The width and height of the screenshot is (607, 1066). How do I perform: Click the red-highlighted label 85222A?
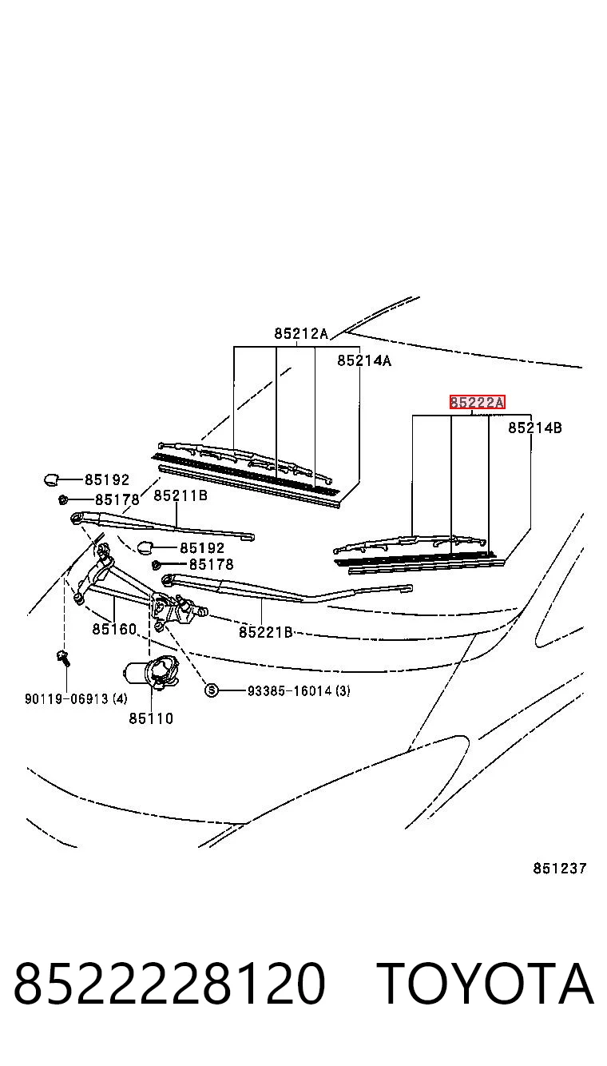(477, 403)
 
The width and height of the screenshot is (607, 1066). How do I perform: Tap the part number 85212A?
(301, 333)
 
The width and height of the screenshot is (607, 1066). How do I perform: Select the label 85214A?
(364, 360)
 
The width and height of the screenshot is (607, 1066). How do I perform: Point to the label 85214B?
(534, 428)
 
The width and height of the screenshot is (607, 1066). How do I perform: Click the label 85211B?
(181, 496)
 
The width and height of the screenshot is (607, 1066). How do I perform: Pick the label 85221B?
(265, 632)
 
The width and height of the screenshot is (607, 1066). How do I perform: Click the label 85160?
(115, 629)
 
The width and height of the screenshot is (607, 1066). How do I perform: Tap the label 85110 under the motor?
(151, 718)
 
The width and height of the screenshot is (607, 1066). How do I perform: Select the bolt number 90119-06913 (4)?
(76, 698)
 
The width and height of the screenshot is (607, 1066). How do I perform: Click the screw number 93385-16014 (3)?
(299, 690)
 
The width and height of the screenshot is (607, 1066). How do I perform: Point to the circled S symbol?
(211, 690)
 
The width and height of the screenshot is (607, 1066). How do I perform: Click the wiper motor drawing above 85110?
(151, 671)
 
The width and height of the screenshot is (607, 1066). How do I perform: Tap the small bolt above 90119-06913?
(63, 658)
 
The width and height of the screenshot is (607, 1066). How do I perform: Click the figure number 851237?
(559, 869)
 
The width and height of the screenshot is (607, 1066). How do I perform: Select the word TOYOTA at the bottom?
(486, 984)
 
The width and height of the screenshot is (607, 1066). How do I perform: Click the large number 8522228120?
(169, 984)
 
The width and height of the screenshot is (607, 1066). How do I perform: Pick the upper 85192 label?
(107, 479)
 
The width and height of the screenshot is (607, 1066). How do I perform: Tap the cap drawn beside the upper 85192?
(51, 479)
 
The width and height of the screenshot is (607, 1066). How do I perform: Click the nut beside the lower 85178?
(156, 565)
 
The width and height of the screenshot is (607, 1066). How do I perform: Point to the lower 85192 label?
(202, 547)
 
